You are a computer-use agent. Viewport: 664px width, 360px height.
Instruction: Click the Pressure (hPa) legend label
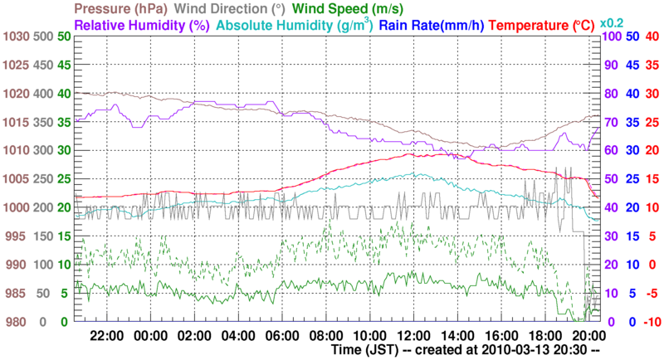127,9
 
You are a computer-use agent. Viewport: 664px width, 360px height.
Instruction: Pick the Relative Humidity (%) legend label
141,26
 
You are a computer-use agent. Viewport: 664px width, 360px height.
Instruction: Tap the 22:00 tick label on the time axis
107,336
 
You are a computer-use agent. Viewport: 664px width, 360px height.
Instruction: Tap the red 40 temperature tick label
652,36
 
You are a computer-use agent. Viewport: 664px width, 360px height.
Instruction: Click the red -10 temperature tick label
651,322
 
